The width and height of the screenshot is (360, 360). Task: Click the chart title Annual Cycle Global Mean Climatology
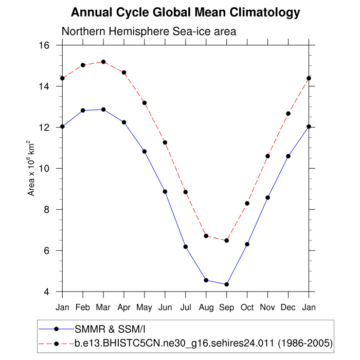pyautogui.click(x=185, y=12)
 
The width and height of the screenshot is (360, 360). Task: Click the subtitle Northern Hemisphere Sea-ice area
pyautogui.click(x=149, y=31)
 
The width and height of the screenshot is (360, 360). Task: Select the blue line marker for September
pyautogui.click(x=226, y=284)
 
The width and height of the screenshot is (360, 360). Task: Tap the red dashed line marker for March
pyautogui.click(x=103, y=62)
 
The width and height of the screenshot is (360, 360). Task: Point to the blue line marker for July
pyautogui.click(x=186, y=247)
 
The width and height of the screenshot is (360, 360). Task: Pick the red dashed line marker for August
pyautogui.click(x=206, y=236)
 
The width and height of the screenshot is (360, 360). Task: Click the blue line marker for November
pyautogui.click(x=267, y=197)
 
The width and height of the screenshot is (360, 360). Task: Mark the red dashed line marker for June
pyautogui.click(x=165, y=142)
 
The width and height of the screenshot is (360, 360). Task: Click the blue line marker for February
pyautogui.click(x=83, y=110)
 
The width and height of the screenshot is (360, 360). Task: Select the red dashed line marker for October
pyautogui.click(x=247, y=203)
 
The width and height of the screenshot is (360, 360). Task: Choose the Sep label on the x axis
pyautogui.click(x=226, y=307)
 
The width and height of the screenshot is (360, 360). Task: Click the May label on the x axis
pyautogui.click(x=145, y=307)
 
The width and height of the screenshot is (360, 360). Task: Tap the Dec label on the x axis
pyautogui.click(x=288, y=307)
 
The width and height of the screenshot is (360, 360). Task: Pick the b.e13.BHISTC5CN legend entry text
pyautogui.click(x=203, y=342)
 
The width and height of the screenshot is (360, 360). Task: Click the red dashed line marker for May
pyautogui.click(x=145, y=103)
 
